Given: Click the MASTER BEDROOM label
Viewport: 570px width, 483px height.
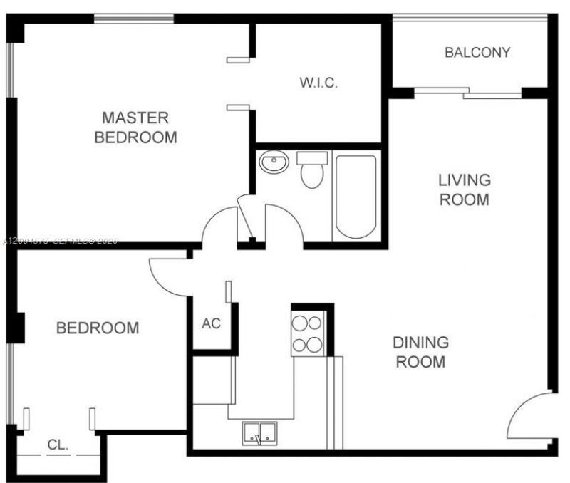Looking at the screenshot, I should coord(135,127).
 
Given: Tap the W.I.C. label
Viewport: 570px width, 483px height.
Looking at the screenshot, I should coord(318,83).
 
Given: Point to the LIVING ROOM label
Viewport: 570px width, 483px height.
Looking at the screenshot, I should coord(464,189).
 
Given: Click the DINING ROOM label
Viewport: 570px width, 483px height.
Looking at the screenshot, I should coord(420,352).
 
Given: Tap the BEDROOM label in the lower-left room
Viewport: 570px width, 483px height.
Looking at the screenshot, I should coord(98,328).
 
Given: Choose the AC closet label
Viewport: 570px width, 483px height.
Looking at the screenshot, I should coord(211,323).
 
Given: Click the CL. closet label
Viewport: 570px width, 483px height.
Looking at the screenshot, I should coord(58,445).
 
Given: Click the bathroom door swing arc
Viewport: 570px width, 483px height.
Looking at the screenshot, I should coord(284,223).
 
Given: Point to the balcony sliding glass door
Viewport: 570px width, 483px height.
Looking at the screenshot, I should coord(467,91).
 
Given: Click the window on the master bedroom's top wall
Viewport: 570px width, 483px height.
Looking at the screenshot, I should coord(134,18).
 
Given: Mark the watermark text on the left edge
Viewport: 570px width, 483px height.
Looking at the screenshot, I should coord(60,241).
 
